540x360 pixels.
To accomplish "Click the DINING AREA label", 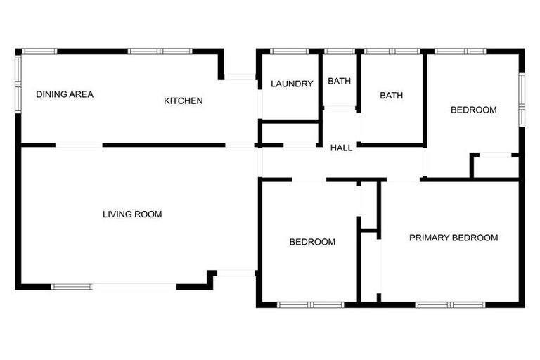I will [65, 94].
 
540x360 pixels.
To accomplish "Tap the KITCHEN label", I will [184, 101].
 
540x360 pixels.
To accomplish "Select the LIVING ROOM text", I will [132, 214].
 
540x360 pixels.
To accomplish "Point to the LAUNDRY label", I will [292, 84].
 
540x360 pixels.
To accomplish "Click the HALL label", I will [342, 148].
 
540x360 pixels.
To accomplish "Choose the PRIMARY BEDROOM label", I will [454, 238].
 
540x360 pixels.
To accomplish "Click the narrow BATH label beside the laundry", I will [339, 81].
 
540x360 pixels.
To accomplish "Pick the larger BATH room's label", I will [391, 96].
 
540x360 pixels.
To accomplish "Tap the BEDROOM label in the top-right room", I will [473, 110].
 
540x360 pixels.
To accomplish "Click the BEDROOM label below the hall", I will [312, 242].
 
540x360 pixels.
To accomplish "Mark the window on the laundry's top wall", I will [289, 51].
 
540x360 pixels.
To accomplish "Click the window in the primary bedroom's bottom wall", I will [450, 304].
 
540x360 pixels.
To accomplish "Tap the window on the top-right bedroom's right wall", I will [521, 98].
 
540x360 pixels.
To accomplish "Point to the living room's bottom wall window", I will [72, 286].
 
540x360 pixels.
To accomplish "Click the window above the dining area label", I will [39, 51].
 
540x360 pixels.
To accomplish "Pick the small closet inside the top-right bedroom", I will [495, 167].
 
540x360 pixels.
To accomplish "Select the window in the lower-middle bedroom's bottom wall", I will [310, 304].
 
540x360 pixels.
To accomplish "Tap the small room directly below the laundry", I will [290, 132].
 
